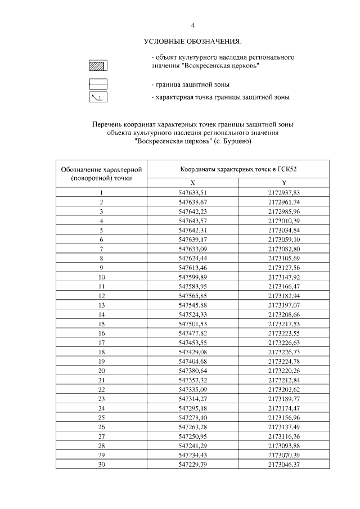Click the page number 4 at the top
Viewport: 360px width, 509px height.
pyautogui.click(x=192, y=26)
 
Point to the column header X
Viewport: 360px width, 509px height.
pyautogui.click(x=192, y=183)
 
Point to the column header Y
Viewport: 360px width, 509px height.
pyautogui.click(x=284, y=183)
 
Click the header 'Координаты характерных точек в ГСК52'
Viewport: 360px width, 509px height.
pyautogui.click(x=238, y=169)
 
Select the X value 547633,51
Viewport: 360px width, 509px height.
pyautogui.click(x=193, y=192)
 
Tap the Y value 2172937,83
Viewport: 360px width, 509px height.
pyautogui.click(x=284, y=192)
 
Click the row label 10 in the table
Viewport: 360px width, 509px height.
pyautogui.click(x=102, y=278)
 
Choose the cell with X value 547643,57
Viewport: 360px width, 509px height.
pyautogui.click(x=193, y=220)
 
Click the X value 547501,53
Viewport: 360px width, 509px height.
pyautogui.click(x=193, y=325)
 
